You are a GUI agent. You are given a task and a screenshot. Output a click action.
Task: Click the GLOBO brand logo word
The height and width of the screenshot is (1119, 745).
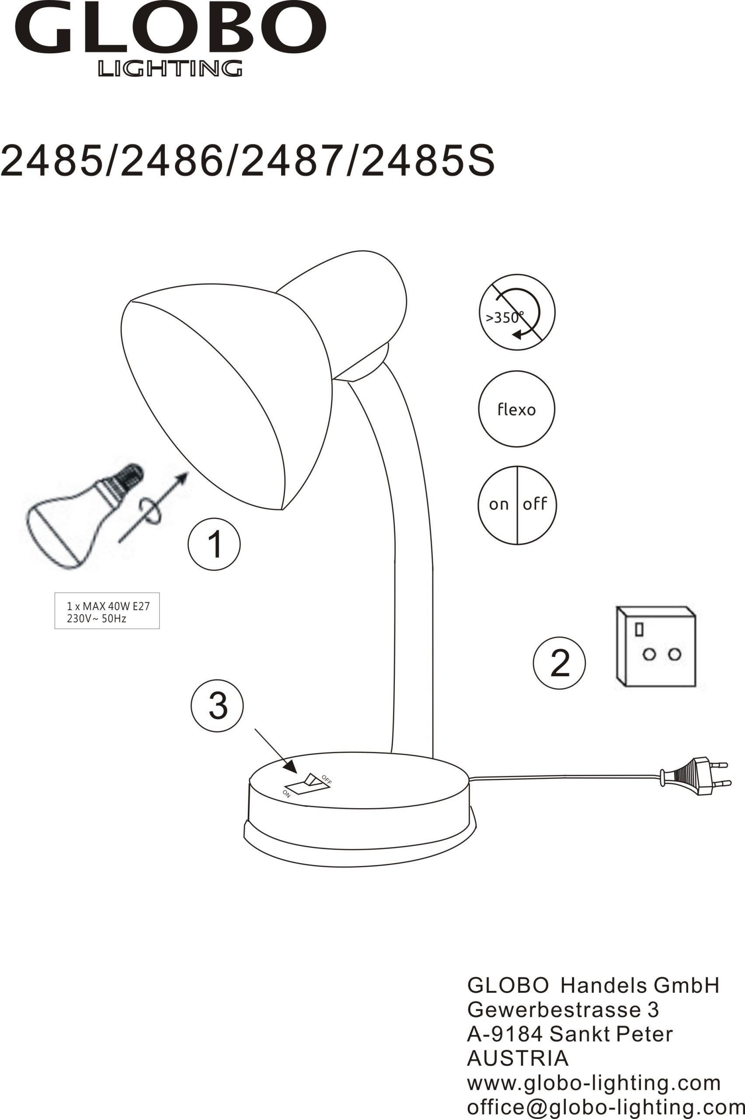coord(171,27)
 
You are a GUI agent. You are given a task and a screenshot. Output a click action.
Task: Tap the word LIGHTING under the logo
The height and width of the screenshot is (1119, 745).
coord(170,68)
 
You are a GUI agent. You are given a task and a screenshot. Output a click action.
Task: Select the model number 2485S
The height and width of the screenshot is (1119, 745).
coord(428,160)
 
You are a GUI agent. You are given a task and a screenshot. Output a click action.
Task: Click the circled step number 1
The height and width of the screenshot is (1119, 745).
coord(214,544)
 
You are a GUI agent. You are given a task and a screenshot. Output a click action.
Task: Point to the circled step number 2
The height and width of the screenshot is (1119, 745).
coord(559,663)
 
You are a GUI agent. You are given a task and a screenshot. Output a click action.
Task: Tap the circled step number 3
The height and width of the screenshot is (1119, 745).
coord(217,706)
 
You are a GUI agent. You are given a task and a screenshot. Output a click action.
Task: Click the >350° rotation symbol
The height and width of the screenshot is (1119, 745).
coord(517,312)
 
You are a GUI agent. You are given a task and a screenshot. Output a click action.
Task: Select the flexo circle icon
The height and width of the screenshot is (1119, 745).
coord(516,409)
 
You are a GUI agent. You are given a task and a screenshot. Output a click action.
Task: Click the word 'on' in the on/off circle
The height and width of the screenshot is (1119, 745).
coord(499,504)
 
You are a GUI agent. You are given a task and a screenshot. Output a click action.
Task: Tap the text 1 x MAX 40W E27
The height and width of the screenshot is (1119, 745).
coord(108,606)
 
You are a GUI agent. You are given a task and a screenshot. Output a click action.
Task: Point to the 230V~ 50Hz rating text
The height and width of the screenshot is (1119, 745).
coord(97,619)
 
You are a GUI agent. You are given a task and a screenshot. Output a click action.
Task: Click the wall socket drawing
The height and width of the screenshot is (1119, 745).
coord(656,646)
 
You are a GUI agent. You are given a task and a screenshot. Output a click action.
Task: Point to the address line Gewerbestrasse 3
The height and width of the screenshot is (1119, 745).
coord(563,1009)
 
